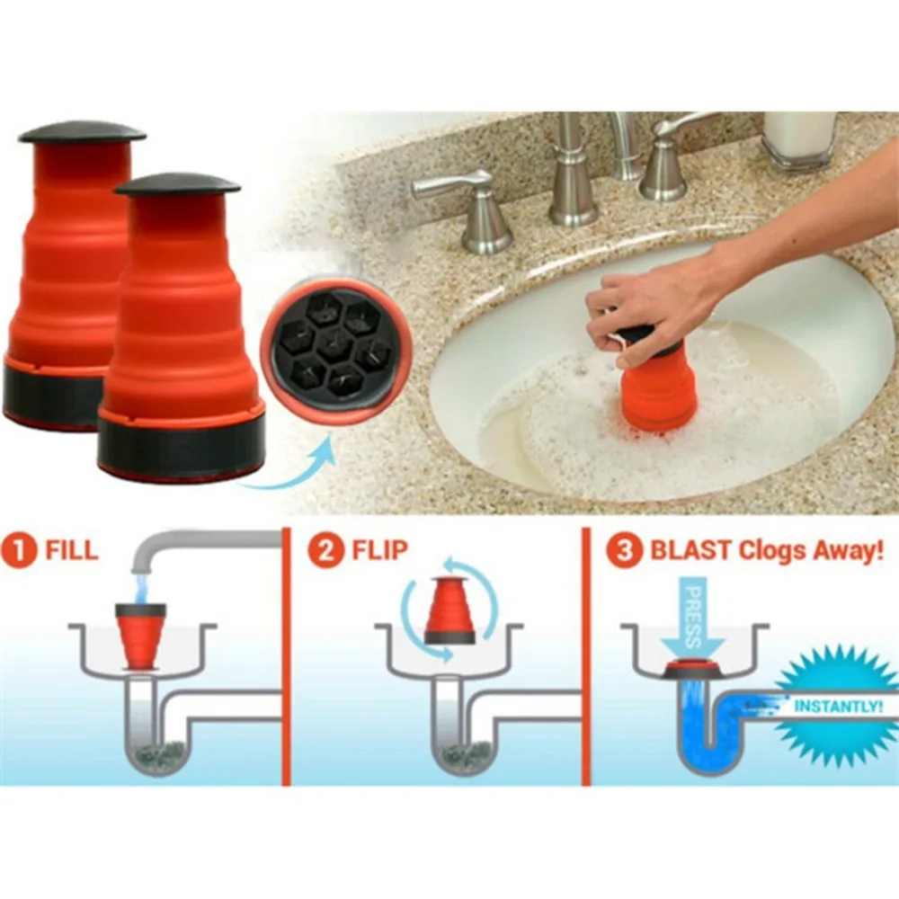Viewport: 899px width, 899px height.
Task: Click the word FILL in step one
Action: (71, 551)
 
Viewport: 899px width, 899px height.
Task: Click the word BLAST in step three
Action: (688, 551)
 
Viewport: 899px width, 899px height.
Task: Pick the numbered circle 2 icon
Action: (325, 551)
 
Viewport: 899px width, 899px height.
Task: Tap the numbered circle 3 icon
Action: (624, 551)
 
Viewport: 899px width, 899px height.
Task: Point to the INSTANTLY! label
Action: (838, 707)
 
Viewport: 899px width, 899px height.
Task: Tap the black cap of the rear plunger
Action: (82, 132)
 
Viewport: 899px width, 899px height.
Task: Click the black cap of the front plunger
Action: (177, 184)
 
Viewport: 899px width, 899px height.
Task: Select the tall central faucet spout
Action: (572, 171)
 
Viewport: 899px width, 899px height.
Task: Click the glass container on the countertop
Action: (798, 139)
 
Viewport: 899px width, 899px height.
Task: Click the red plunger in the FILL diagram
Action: (141, 634)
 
